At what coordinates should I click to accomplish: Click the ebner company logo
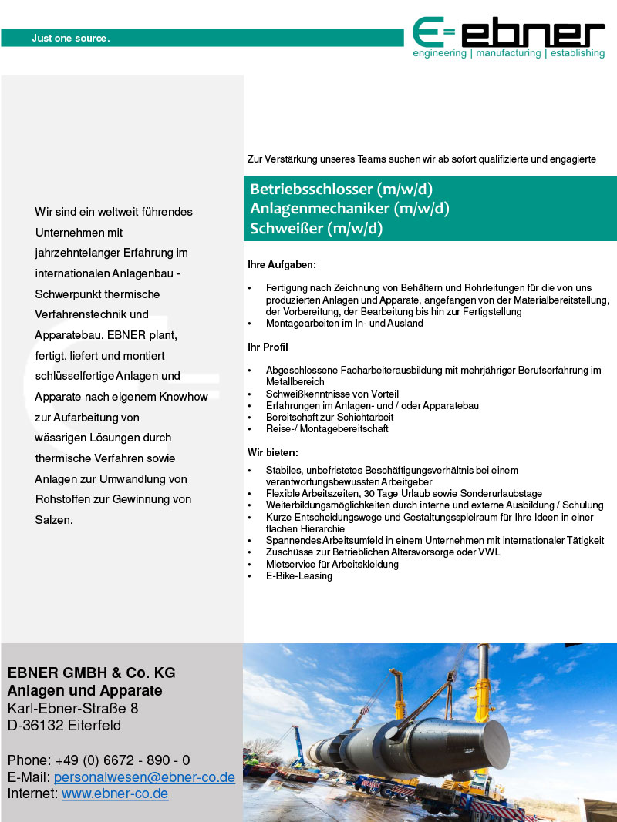pos(509,36)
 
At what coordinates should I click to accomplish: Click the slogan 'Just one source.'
pos(71,38)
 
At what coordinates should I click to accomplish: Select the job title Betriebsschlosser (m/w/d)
pos(341,189)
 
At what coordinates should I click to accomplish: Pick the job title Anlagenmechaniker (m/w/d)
pos(349,208)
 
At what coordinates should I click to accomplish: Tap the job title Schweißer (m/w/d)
pos(316,228)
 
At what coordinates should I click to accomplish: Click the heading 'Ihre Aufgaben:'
pos(282,265)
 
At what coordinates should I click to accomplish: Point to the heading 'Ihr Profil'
pos(268,347)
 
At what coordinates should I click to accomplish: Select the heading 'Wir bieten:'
pos(272,452)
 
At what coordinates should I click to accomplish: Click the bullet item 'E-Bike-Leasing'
pos(299,576)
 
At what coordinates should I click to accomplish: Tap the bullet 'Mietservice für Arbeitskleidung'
pos(332,565)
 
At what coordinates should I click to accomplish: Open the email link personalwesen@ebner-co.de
pos(144,778)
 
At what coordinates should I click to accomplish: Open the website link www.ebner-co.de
pos(115,793)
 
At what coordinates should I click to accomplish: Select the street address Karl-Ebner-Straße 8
pos(73,708)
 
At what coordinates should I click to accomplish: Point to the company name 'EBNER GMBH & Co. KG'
pos(91,673)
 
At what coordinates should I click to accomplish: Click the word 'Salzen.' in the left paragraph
pos(54,520)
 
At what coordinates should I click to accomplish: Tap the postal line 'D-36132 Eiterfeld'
pos(64,726)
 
